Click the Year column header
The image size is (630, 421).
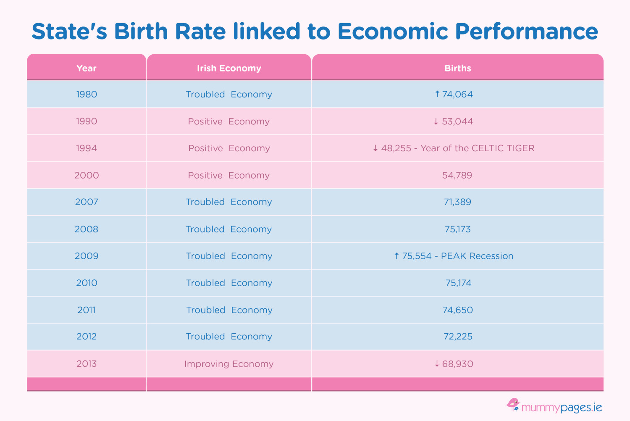pyautogui.click(x=87, y=68)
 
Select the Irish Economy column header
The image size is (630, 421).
pyautogui.click(x=229, y=68)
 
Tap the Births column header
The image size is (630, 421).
pyautogui.click(x=457, y=68)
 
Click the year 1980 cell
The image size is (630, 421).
pyautogui.click(x=87, y=95)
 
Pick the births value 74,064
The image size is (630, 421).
pyautogui.click(x=457, y=95)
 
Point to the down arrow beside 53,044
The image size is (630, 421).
pyautogui.click(x=436, y=121)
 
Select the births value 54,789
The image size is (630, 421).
pyautogui.click(x=457, y=175)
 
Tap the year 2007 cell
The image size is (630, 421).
pyautogui.click(x=87, y=202)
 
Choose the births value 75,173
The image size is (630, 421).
pyautogui.click(x=457, y=229)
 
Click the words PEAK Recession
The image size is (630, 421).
pyautogui.click(x=477, y=256)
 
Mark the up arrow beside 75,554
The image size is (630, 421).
pyautogui.click(x=396, y=256)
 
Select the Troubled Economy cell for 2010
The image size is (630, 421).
pyautogui.click(x=229, y=283)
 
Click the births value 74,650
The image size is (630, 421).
pyautogui.click(x=457, y=310)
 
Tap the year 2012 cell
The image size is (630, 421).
pyautogui.click(x=87, y=337)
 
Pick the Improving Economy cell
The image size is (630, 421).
pyautogui.click(x=229, y=364)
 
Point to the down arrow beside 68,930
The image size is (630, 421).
pyautogui.click(x=437, y=364)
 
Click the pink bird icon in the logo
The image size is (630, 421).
pyautogui.click(x=513, y=405)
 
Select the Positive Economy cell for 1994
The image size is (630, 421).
pyautogui.click(x=229, y=148)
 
